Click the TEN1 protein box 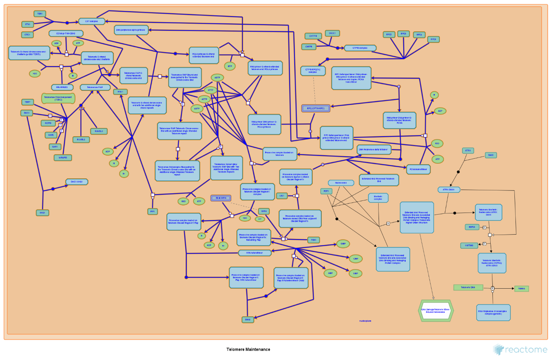click(40, 14)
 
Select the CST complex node click(91, 21)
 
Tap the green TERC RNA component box click(58, 99)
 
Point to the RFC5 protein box click(433, 40)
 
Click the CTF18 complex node click(360, 48)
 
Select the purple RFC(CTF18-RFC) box click(316, 108)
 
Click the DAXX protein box click(491, 155)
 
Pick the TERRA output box click(521, 288)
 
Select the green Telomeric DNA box click(468, 287)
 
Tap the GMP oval click(343, 243)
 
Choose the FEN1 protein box click(313, 240)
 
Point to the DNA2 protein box click(248, 320)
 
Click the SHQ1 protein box click(42, 212)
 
